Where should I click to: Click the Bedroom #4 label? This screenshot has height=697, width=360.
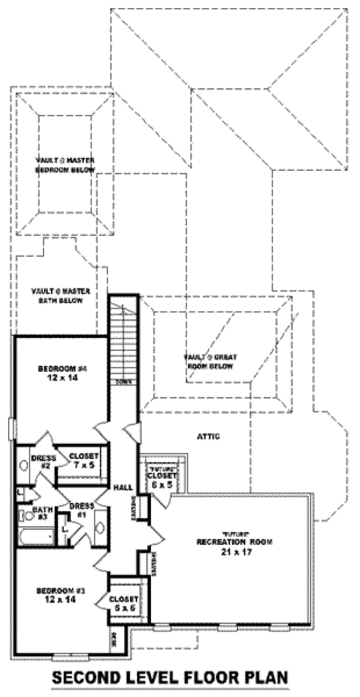click(x=58, y=373)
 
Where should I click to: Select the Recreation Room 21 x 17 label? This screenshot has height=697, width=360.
click(x=235, y=546)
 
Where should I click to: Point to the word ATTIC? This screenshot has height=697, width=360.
click(x=208, y=436)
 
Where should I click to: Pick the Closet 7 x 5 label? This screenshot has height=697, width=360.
click(x=82, y=459)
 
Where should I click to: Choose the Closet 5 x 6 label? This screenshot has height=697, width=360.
click(x=124, y=603)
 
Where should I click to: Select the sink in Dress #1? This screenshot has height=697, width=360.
click(x=100, y=527)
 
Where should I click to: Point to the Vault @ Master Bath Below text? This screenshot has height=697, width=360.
click(x=61, y=295)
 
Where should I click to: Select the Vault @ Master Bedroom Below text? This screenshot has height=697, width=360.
click(x=65, y=165)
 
